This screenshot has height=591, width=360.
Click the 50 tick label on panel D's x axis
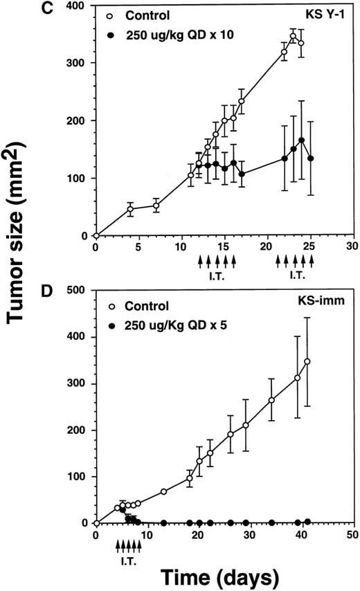click(353, 535)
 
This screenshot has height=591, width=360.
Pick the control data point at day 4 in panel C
click(130, 208)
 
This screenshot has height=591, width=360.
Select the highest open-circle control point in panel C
click(293, 36)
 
